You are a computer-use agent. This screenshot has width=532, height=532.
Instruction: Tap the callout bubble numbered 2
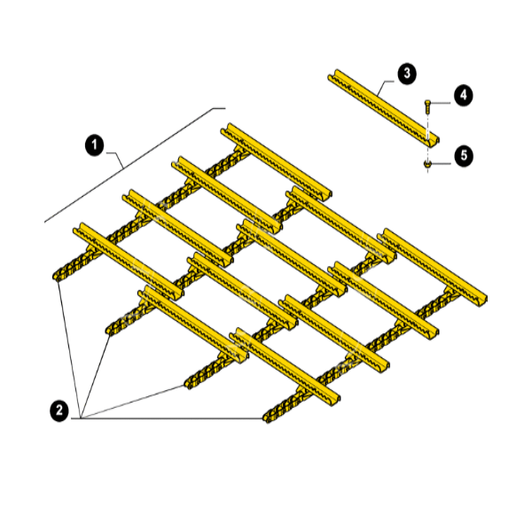coord(59,410)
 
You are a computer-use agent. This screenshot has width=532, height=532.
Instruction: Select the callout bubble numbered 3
coord(406,74)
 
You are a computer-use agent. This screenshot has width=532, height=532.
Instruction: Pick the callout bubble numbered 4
coord(462,94)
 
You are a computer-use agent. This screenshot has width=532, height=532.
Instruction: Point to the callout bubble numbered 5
coord(462,154)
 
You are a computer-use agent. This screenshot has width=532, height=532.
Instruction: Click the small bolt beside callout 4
coord(429,106)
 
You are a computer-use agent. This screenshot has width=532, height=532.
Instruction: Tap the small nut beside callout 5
coord(429,163)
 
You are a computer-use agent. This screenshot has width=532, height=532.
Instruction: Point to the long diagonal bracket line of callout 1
coord(133,163)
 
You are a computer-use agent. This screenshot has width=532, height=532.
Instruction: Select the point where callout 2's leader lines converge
coord(80,418)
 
